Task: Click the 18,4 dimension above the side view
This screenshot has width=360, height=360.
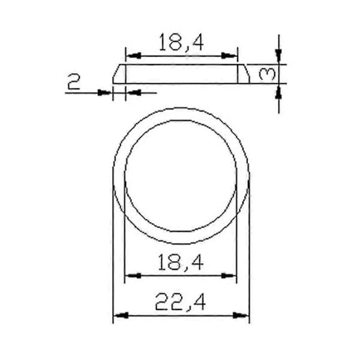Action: click(x=181, y=42)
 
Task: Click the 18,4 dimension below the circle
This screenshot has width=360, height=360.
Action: click(x=181, y=263)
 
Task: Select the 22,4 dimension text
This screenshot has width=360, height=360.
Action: click(x=180, y=302)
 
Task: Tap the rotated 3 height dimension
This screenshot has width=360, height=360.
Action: click(x=267, y=74)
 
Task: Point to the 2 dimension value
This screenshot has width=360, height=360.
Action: click(x=74, y=82)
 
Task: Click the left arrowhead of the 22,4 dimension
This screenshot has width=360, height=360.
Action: click(x=121, y=315)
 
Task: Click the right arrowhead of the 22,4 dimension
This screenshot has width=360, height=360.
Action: click(x=241, y=315)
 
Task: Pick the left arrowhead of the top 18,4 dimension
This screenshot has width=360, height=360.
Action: click(x=134, y=56)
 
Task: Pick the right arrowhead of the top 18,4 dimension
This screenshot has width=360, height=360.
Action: click(x=229, y=56)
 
